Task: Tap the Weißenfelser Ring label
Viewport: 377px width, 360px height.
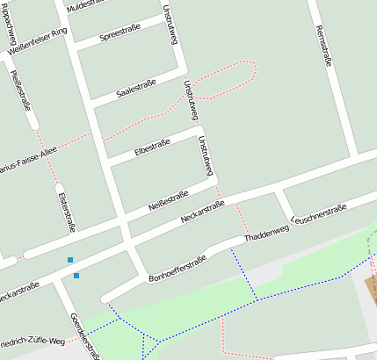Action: click(36, 43)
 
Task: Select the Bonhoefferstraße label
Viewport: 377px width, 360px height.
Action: click(178, 267)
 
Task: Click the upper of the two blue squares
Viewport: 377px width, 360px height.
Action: click(70, 260)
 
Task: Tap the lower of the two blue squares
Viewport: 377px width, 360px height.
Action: click(76, 276)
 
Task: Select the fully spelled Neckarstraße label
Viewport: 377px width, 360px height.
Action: click(202, 212)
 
